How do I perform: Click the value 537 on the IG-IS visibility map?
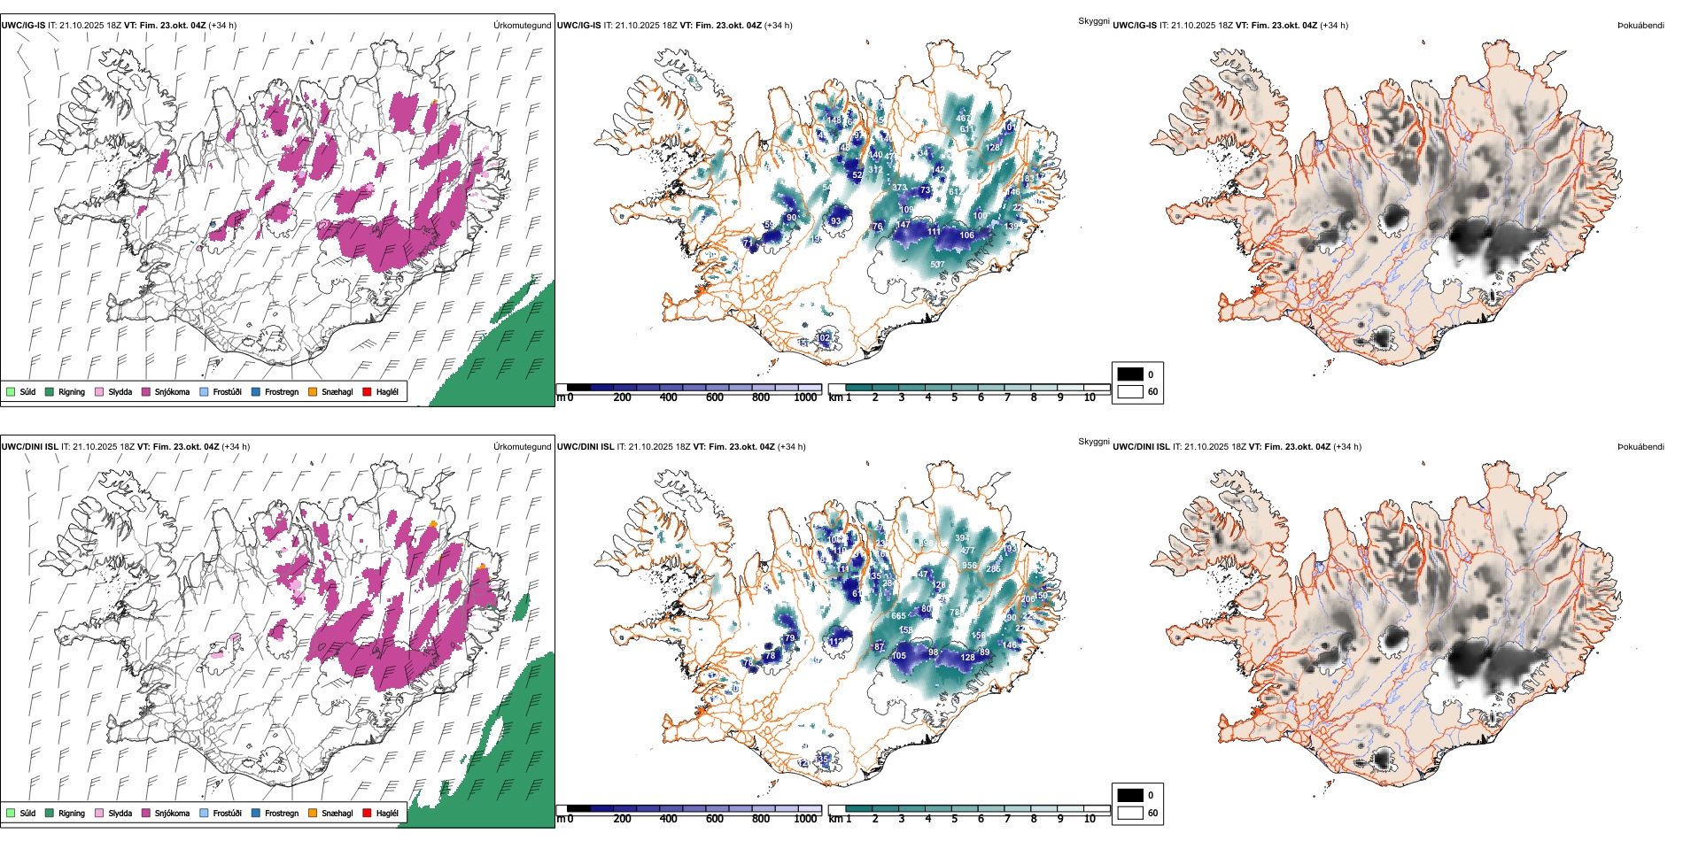937,265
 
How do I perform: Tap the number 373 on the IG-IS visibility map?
899,188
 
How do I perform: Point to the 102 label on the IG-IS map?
823,338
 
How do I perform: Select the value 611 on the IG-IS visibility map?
967,129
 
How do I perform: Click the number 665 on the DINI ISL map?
898,616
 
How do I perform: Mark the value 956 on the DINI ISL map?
969,566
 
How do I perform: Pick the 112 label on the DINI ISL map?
835,642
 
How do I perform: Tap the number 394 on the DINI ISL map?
962,538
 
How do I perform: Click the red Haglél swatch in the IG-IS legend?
368,391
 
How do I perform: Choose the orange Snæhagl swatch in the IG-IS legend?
313,391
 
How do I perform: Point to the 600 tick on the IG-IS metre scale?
715,397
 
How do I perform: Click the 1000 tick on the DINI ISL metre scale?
805,819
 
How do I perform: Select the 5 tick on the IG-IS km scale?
954,397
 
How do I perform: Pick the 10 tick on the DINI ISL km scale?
1090,819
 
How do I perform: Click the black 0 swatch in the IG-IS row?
1130,374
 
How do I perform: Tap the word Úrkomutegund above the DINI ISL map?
522,447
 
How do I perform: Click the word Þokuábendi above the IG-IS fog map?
1640,26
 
